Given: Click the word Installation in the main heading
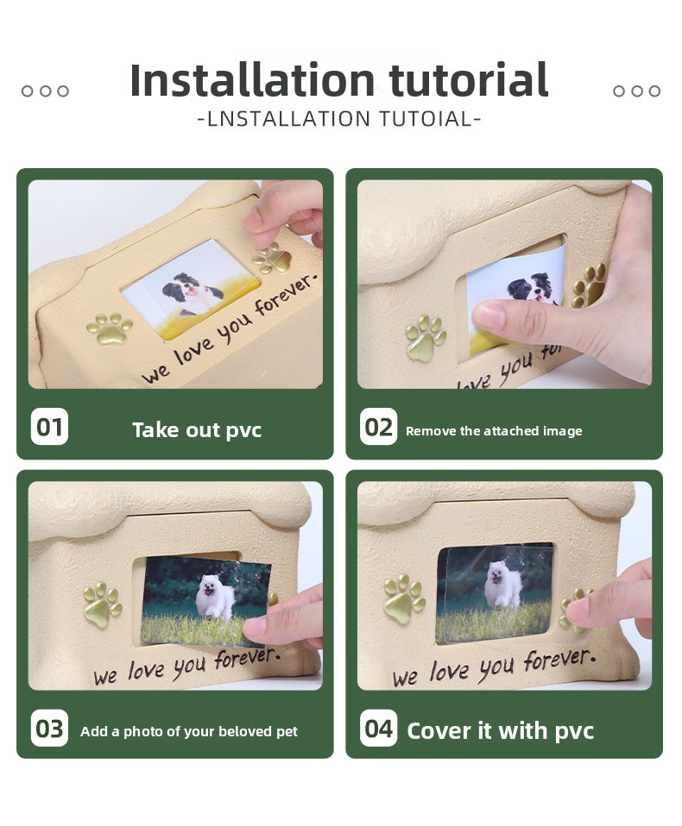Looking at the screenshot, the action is coord(252,80).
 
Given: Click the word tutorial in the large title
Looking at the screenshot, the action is coord(469,80).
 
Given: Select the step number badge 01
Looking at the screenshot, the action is coord(49,427).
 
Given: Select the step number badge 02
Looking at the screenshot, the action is coord(378,427).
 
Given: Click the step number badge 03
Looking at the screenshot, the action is coord(49,729).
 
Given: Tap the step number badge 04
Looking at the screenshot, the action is coord(378,729).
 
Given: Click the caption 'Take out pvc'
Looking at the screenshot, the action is coord(197,430).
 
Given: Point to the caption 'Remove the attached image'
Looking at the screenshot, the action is coord(494,431).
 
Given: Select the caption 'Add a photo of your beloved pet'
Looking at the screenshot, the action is coord(189,732).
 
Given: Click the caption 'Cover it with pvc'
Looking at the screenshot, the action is coord(500,731).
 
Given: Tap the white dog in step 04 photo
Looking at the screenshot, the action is coord(503,585).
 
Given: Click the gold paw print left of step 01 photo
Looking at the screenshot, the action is coord(110,329).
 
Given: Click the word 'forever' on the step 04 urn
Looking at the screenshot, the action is coord(559,660).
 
